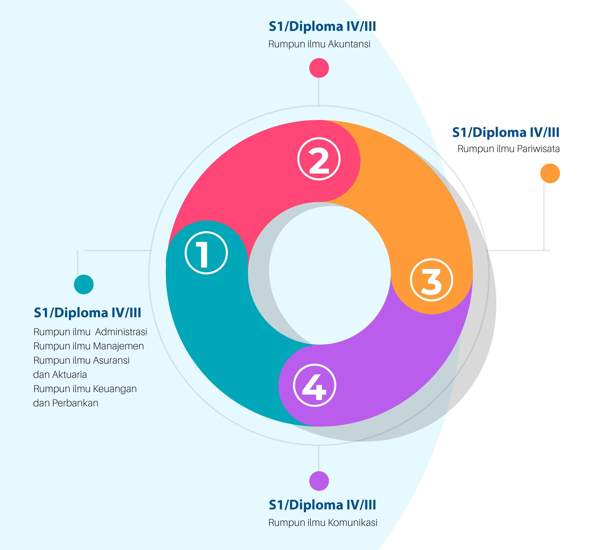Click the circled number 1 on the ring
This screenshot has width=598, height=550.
click(x=206, y=253)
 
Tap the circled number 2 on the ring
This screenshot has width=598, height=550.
click(x=319, y=159)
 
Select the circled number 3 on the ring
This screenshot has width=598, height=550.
click(x=431, y=280)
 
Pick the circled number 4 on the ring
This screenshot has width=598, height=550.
click(x=315, y=385)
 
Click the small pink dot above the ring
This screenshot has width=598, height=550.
click(x=319, y=68)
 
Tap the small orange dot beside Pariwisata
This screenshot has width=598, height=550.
click(x=550, y=173)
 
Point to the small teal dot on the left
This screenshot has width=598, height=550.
click(x=84, y=284)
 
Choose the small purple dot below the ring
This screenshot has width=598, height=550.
click(x=319, y=481)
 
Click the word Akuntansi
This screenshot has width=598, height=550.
click(x=349, y=44)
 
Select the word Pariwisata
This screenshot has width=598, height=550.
click(x=538, y=149)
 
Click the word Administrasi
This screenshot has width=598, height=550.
click(x=121, y=332)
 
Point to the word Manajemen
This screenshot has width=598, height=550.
click(x=118, y=347)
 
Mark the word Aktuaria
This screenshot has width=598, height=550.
click(x=69, y=375)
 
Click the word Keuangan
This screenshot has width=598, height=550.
click(x=115, y=389)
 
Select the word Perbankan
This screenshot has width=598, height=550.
click(x=75, y=403)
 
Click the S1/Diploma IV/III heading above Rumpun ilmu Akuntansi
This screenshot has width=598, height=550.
click(x=322, y=26)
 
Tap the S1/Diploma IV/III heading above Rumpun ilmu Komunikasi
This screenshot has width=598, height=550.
click(x=322, y=505)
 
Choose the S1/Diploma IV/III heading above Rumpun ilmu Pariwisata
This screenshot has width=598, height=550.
click(x=506, y=132)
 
